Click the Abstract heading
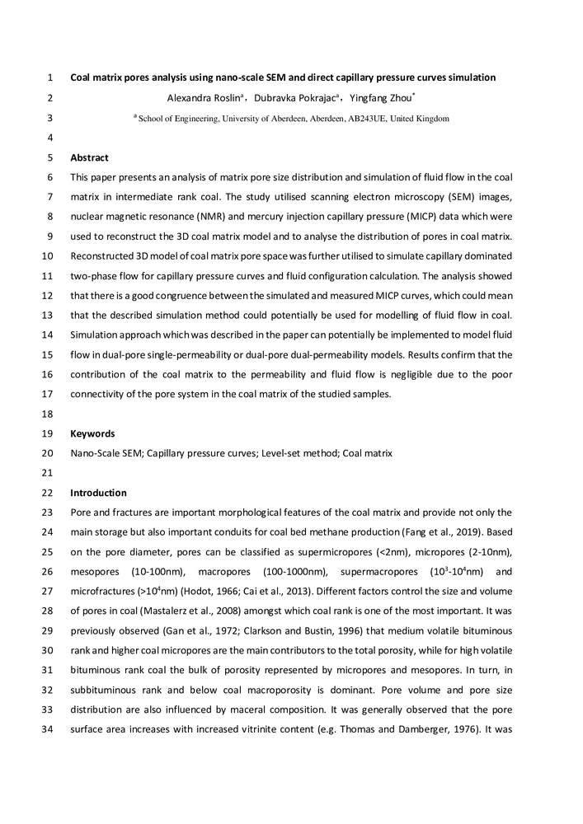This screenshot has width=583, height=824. [89, 157]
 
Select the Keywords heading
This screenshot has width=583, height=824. [92, 433]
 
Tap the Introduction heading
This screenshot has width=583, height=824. [98, 493]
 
